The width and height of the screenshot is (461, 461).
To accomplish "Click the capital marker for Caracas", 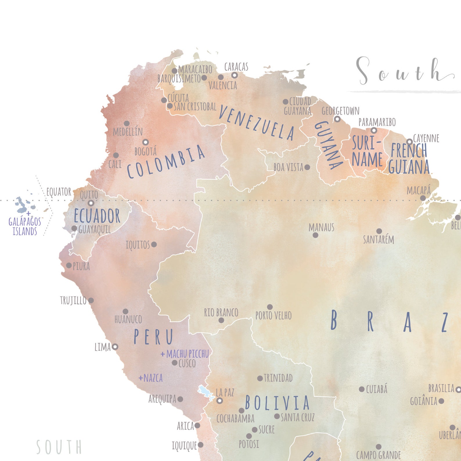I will pyautogui.click(x=234, y=75).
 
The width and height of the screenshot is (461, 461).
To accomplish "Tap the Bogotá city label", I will pyautogui.click(x=145, y=152).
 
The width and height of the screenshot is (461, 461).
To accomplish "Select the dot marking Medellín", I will pyautogui.click(x=127, y=123).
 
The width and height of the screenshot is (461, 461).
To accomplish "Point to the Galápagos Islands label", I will pyautogui.click(x=25, y=226).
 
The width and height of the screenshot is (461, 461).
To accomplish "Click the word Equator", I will pyautogui.click(x=59, y=192).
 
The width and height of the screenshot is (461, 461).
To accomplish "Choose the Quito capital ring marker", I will pyautogui.click(x=91, y=203).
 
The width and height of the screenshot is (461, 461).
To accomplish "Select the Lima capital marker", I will pyautogui.click(x=115, y=347).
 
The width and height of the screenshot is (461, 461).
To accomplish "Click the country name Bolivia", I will pyautogui.click(x=277, y=403).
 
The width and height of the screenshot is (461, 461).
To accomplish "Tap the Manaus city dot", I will pyautogui.click(x=316, y=235).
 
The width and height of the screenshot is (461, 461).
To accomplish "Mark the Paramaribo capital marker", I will pyautogui.click(x=374, y=130).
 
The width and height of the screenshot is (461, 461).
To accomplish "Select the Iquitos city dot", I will pyautogui.click(x=154, y=244).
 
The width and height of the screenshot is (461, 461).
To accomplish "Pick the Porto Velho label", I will pyautogui.click(x=273, y=316).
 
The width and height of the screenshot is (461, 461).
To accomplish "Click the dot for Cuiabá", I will pyautogui.click(x=362, y=389).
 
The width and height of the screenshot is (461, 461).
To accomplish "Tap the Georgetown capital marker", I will pyautogui.click(x=337, y=119).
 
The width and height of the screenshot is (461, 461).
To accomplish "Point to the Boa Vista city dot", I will pyautogui.click(x=307, y=167).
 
